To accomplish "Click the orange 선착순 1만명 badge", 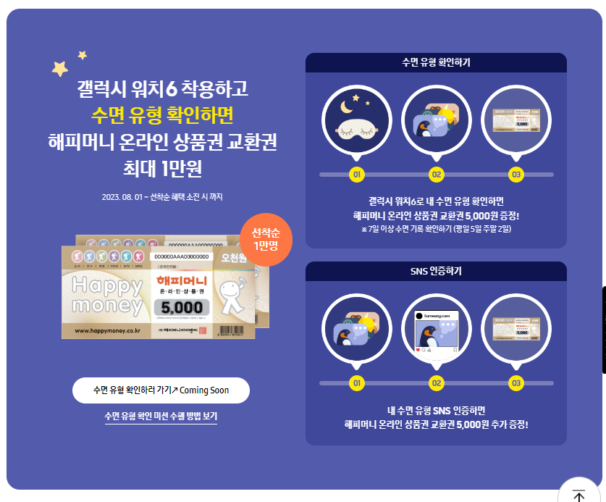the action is [265, 239].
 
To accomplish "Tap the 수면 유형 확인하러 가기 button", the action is [161, 390].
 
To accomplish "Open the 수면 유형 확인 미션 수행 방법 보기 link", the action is [161, 416].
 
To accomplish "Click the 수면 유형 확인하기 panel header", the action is [436, 62].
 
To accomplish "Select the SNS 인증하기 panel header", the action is [436, 271].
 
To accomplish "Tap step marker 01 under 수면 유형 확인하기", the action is [356, 175].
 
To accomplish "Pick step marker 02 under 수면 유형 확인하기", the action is [437, 175].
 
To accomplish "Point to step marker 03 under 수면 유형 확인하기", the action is [516, 175].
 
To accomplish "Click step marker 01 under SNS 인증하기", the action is [356, 382].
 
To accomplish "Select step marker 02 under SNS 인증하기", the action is [437, 382].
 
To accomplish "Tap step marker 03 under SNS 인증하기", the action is [516, 382].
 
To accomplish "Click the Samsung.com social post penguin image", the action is [436, 334].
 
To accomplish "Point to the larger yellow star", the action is [60, 68].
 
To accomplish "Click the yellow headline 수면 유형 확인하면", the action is [162, 114].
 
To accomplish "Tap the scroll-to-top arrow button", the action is [579, 495].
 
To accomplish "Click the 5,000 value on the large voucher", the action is [182, 307].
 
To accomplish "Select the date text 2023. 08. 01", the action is [122, 196].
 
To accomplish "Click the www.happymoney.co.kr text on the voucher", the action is [107, 330].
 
